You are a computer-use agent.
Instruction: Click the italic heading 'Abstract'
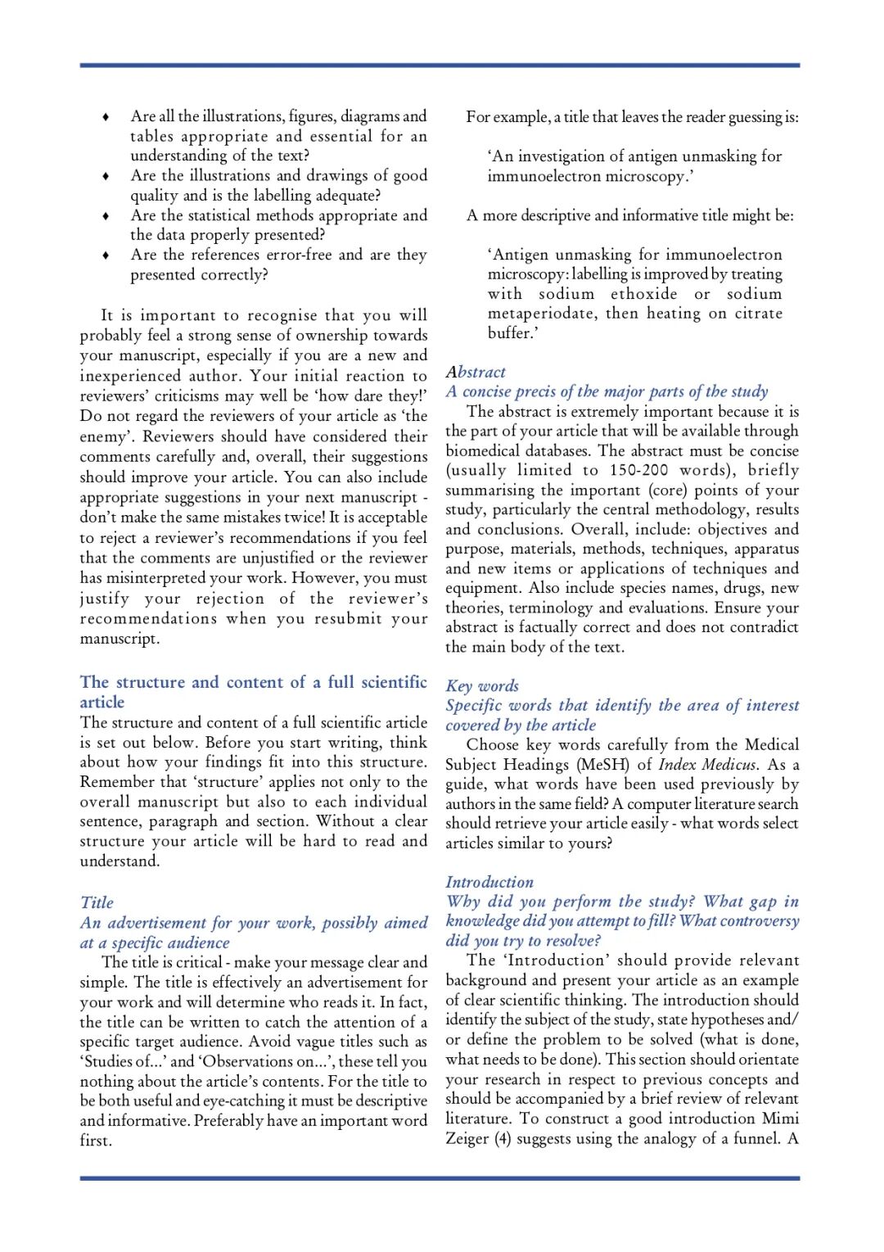pos(476,373)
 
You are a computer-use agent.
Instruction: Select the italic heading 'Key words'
pos(482,686)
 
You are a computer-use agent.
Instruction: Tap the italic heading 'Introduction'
pos(489,882)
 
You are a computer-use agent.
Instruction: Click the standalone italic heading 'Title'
pos(97,902)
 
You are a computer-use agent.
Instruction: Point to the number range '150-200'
pos(638,470)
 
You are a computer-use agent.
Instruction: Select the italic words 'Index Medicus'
pos(707,765)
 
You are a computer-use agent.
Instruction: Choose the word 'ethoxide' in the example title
pos(643,294)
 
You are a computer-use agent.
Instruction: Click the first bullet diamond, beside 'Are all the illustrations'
pos(106,117)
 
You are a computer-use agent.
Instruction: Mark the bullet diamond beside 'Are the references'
pos(106,255)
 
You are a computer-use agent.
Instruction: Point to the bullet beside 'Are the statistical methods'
pos(106,216)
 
